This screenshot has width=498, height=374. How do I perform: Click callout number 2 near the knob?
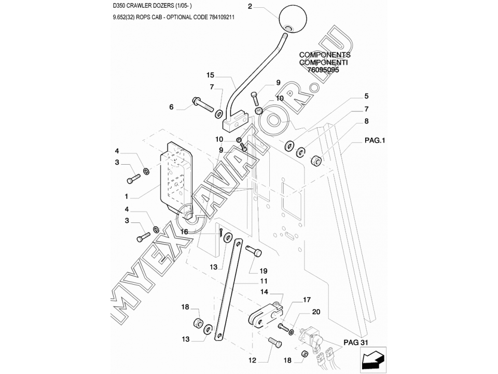(x=250, y=7)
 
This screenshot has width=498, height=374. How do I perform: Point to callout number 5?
(x=366, y=96)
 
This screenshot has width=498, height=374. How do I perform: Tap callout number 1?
(x=126, y=197)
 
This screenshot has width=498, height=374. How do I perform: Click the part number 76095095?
(x=323, y=70)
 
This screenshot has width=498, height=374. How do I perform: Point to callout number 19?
(x=264, y=271)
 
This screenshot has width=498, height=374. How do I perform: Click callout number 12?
(x=252, y=359)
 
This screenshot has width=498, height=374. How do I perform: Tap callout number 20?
(x=316, y=312)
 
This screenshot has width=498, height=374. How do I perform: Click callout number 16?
(x=184, y=232)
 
